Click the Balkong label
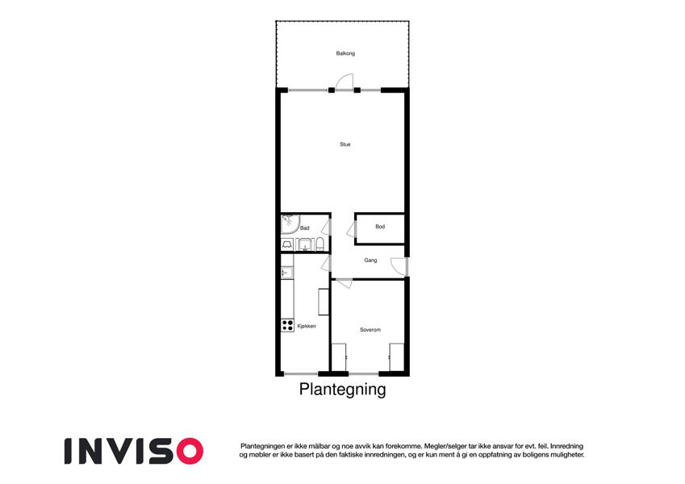coord(345,53)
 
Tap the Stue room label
coord(345,144)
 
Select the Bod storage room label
coord(380,227)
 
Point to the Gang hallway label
coord(370,261)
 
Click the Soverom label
coord(370,330)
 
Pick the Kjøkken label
coord(307,327)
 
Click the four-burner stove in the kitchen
coord(287,325)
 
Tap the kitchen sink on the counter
coord(287,273)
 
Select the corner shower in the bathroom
coord(290,223)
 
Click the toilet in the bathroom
coord(320,244)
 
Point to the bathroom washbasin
coord(304,244)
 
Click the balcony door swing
coord(345,82)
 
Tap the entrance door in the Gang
coord(399,267)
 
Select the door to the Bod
coord(352,229)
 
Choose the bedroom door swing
coord(342,283)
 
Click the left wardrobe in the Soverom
coord(339,357)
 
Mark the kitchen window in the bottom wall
coord(301,374)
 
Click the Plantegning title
coord(342,389)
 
